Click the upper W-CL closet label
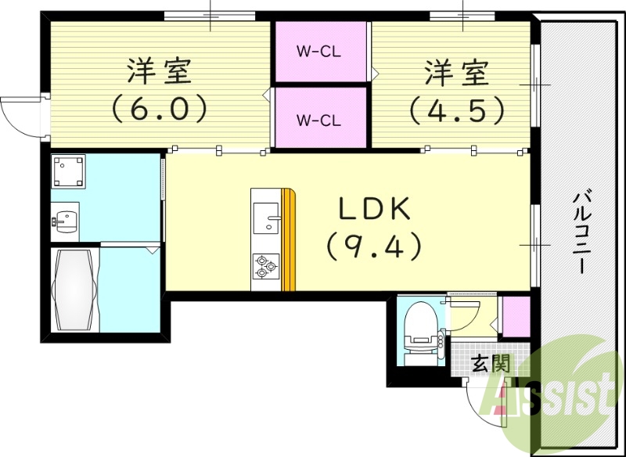(318, 52)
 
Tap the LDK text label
(374, 209)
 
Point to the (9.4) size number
(374, 247)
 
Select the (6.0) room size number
(160, 108)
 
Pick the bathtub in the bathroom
(74, 289)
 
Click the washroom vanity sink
(66, 219)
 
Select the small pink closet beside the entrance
(515, 315)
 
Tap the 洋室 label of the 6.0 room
(160, 73)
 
